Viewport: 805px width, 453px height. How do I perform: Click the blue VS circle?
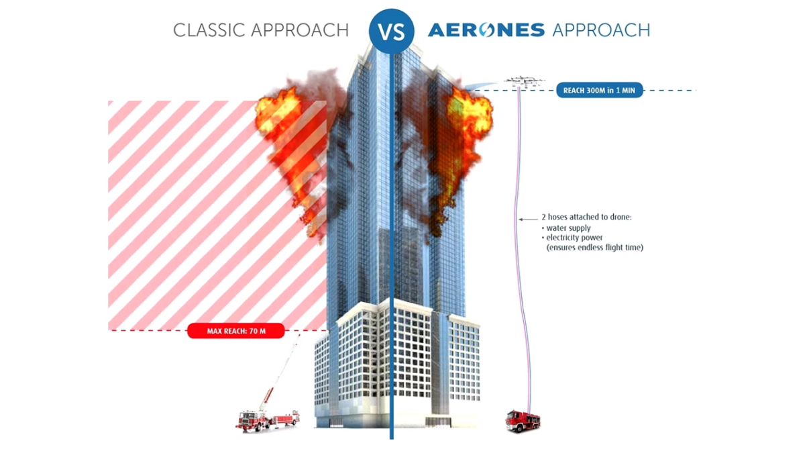[391, 31]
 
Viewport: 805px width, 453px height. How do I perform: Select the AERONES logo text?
[486, 30]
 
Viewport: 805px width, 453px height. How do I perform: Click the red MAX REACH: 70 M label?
[236, 331]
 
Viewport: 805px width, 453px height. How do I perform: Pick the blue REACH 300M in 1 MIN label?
[600, 90]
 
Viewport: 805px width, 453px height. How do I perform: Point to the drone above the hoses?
[524, 82]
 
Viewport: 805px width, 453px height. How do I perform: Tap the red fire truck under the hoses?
[523, 421]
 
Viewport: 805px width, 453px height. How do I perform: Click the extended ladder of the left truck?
[282, 372]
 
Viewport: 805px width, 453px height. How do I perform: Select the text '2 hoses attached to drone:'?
[586, 217]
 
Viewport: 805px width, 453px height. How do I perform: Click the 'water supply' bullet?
[566, 228]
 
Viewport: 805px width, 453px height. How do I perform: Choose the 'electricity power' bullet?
[572, 238]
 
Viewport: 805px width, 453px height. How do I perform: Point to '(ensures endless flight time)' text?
[595, 248]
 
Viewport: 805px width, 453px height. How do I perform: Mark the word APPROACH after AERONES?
[601, 30]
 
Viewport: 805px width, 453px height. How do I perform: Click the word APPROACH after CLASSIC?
[300, 30]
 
